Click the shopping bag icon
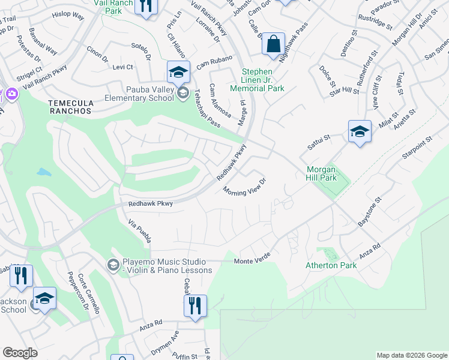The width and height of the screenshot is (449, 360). [273, 44]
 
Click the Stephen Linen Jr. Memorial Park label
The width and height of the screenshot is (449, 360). [262, 80]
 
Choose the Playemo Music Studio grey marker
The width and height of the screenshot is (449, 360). [112, 265]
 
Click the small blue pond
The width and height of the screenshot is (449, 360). [44, 172]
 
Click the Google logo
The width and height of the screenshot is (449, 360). [20, 353]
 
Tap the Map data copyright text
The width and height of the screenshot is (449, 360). [411, 355]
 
